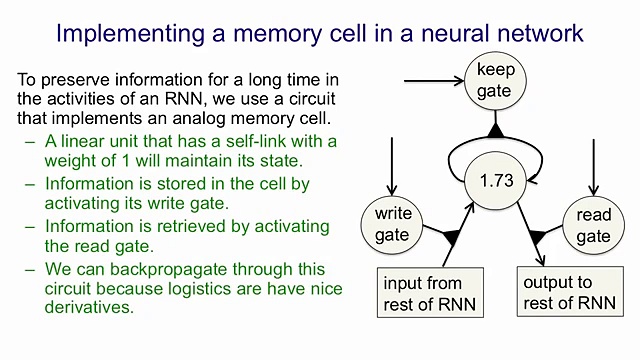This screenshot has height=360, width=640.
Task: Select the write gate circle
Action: click(x=393, y=224)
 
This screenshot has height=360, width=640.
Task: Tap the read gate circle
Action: click(x=593, y=225)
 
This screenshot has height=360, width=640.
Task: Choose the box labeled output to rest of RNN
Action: click(x=569, y=293)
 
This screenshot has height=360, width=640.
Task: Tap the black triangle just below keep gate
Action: click(x=494, y=131)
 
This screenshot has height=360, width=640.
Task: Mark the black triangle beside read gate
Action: click(x=540, y=237)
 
